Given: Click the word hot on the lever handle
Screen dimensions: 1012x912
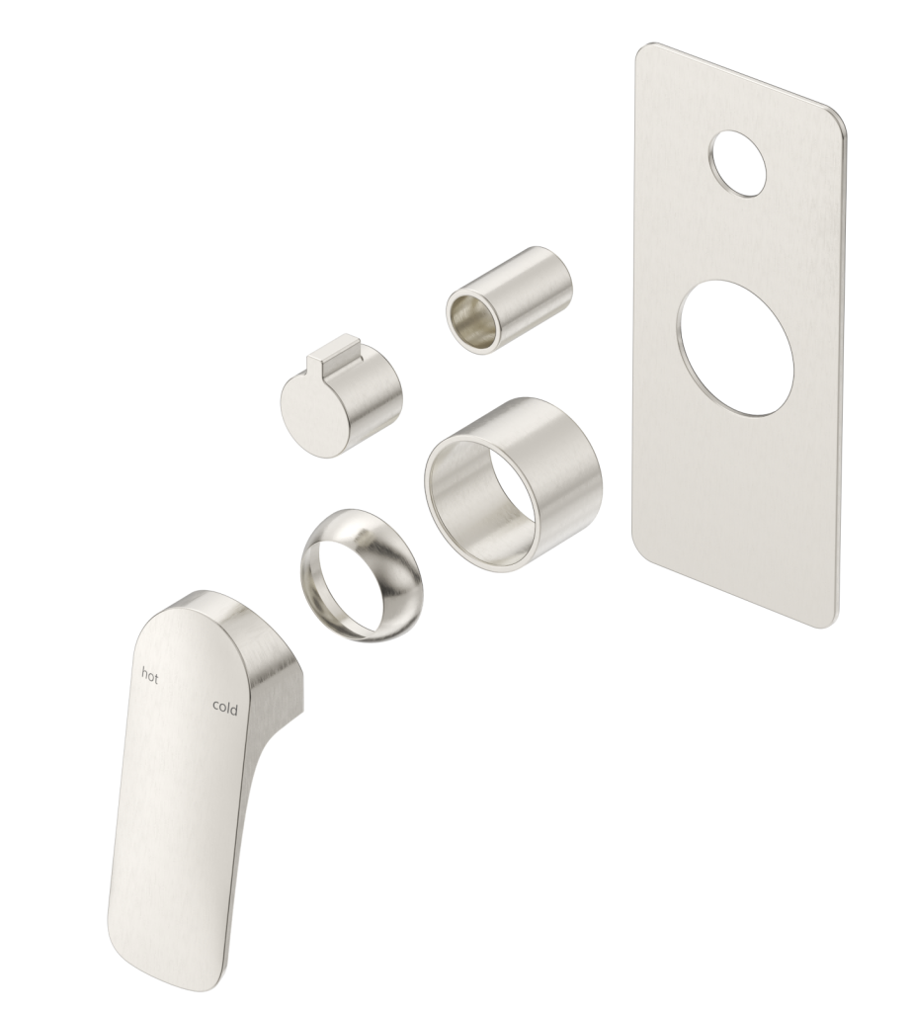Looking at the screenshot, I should coord(150,676).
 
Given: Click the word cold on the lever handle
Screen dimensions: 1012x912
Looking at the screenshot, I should coord(225,707).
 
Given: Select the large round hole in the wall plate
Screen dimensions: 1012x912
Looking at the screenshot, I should coord(736,349).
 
